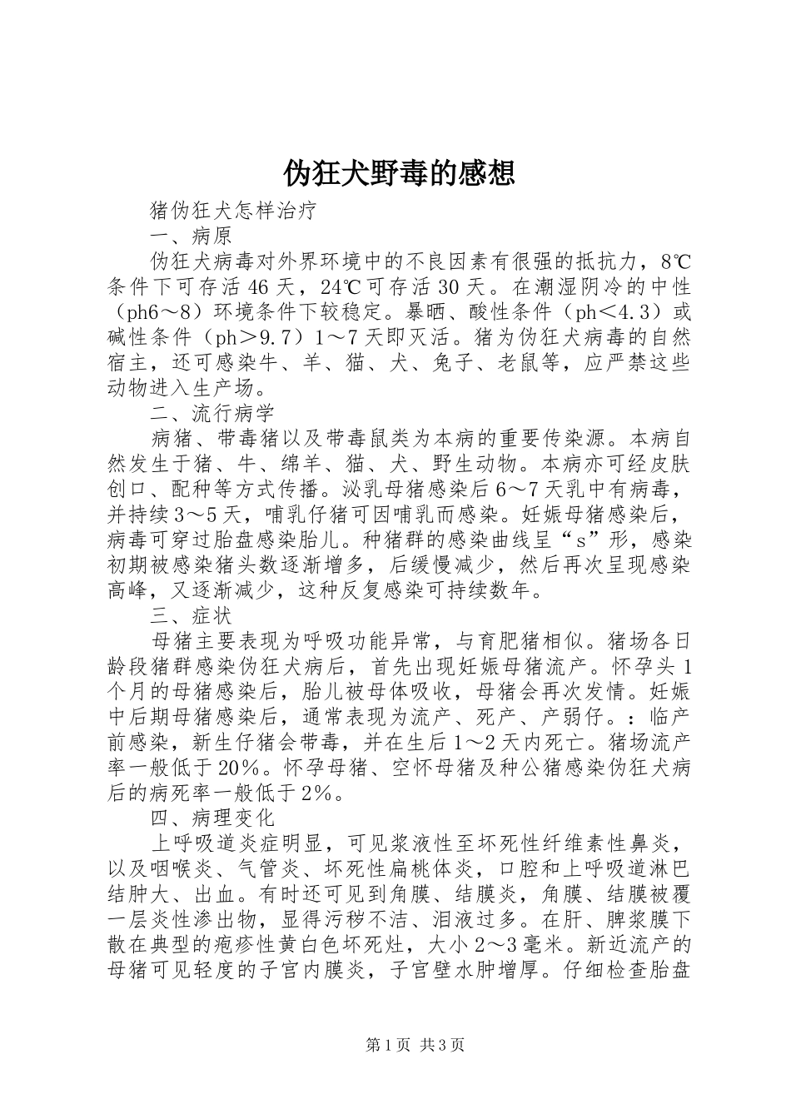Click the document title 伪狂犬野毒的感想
point(399,173)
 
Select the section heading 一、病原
point(191,236)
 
